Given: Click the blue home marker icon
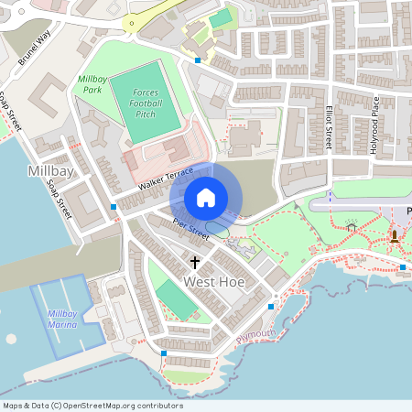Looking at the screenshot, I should (206, 198).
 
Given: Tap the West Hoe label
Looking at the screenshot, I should (214, 282).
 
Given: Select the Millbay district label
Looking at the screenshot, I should (52, 171).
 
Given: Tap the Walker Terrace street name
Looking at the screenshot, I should (166, 179).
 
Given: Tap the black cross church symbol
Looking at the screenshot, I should (195, 262).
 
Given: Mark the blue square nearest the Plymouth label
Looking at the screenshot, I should (271, 306).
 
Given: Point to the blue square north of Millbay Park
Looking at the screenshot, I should (198, 60).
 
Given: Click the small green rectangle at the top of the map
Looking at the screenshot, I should (220, 19).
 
